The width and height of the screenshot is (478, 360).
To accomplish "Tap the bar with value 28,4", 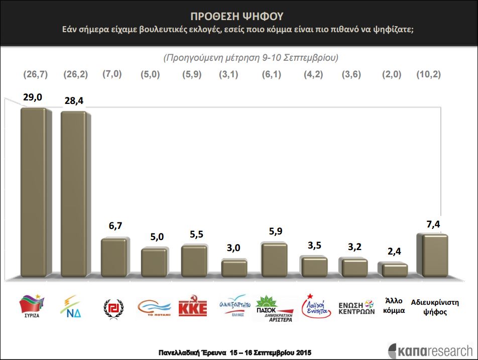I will point(75,193).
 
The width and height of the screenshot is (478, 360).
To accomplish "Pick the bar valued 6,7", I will point(115,257).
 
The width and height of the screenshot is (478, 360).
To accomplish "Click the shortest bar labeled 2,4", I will point(395,270).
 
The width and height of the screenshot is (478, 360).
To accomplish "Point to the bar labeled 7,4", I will point(435,255).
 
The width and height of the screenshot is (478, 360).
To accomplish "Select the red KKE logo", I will point(193,307).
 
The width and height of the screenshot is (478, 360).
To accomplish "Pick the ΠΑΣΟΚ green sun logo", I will point(274,307).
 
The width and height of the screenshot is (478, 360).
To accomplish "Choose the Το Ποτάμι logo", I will point(154,307).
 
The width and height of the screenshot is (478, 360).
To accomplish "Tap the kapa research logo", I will point(430,350).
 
